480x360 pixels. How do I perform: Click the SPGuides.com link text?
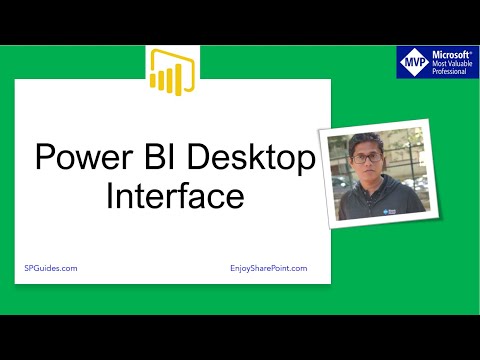(51, 269)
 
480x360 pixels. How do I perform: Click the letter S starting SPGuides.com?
(26, 269)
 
